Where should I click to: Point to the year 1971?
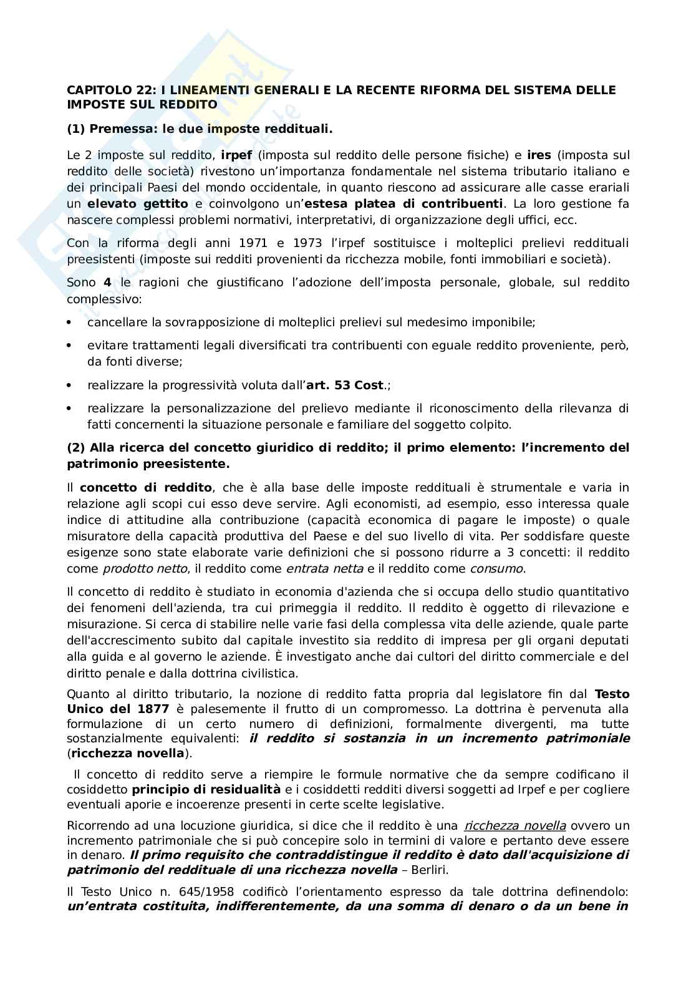[254, 243]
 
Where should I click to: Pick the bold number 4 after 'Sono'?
[107, 283]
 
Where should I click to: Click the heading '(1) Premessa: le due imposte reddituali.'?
[200, 130]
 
